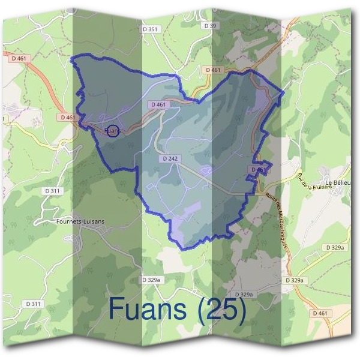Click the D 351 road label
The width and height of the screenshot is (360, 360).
(152, 29)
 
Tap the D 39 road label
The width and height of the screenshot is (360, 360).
(209, 26)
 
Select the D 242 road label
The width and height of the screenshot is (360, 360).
(171, 159)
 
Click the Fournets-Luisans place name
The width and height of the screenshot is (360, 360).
(80, 221)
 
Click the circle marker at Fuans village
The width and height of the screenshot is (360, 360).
(112, 130)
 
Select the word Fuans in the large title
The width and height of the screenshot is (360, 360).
(150, 310)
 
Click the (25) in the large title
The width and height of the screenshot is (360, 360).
(222, 310)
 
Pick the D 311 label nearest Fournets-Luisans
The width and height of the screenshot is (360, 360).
(53, 191)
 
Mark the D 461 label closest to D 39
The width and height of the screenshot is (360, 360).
(213, 70)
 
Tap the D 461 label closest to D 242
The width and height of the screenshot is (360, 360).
(158, 104)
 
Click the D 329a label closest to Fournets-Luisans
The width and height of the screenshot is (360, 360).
(152, 280)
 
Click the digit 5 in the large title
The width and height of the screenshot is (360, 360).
(230, 310)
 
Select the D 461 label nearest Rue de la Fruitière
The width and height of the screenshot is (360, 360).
(258, 170)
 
